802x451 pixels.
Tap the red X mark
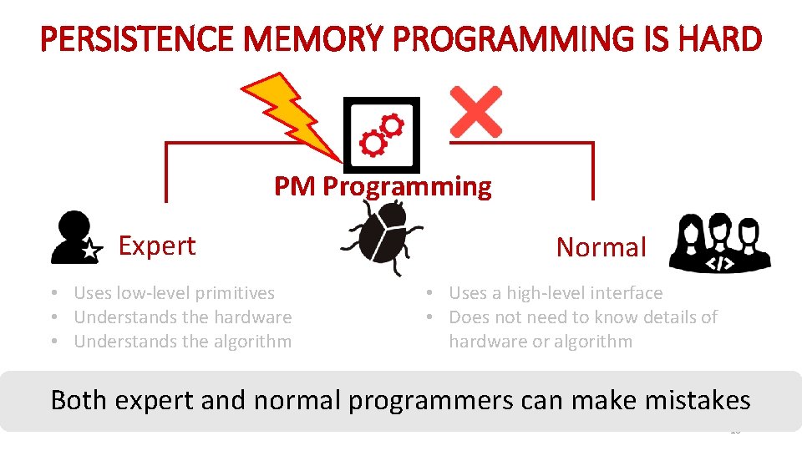tap(475, 111)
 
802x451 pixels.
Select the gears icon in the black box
tap(382, 134)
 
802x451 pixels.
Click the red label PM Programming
tap(383, 186)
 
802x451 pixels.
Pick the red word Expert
tap(156, 246)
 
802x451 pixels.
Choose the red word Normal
tap(601, 247)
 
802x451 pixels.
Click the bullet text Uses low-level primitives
tap(174, 293)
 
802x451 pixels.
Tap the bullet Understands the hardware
tap(182, 317)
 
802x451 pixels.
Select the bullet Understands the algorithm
tap(182, 342)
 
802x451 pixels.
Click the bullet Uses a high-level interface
tap(555, 293)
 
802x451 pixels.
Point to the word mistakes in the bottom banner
tap(698, 400)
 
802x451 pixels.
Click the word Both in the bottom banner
tap(80, 400)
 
